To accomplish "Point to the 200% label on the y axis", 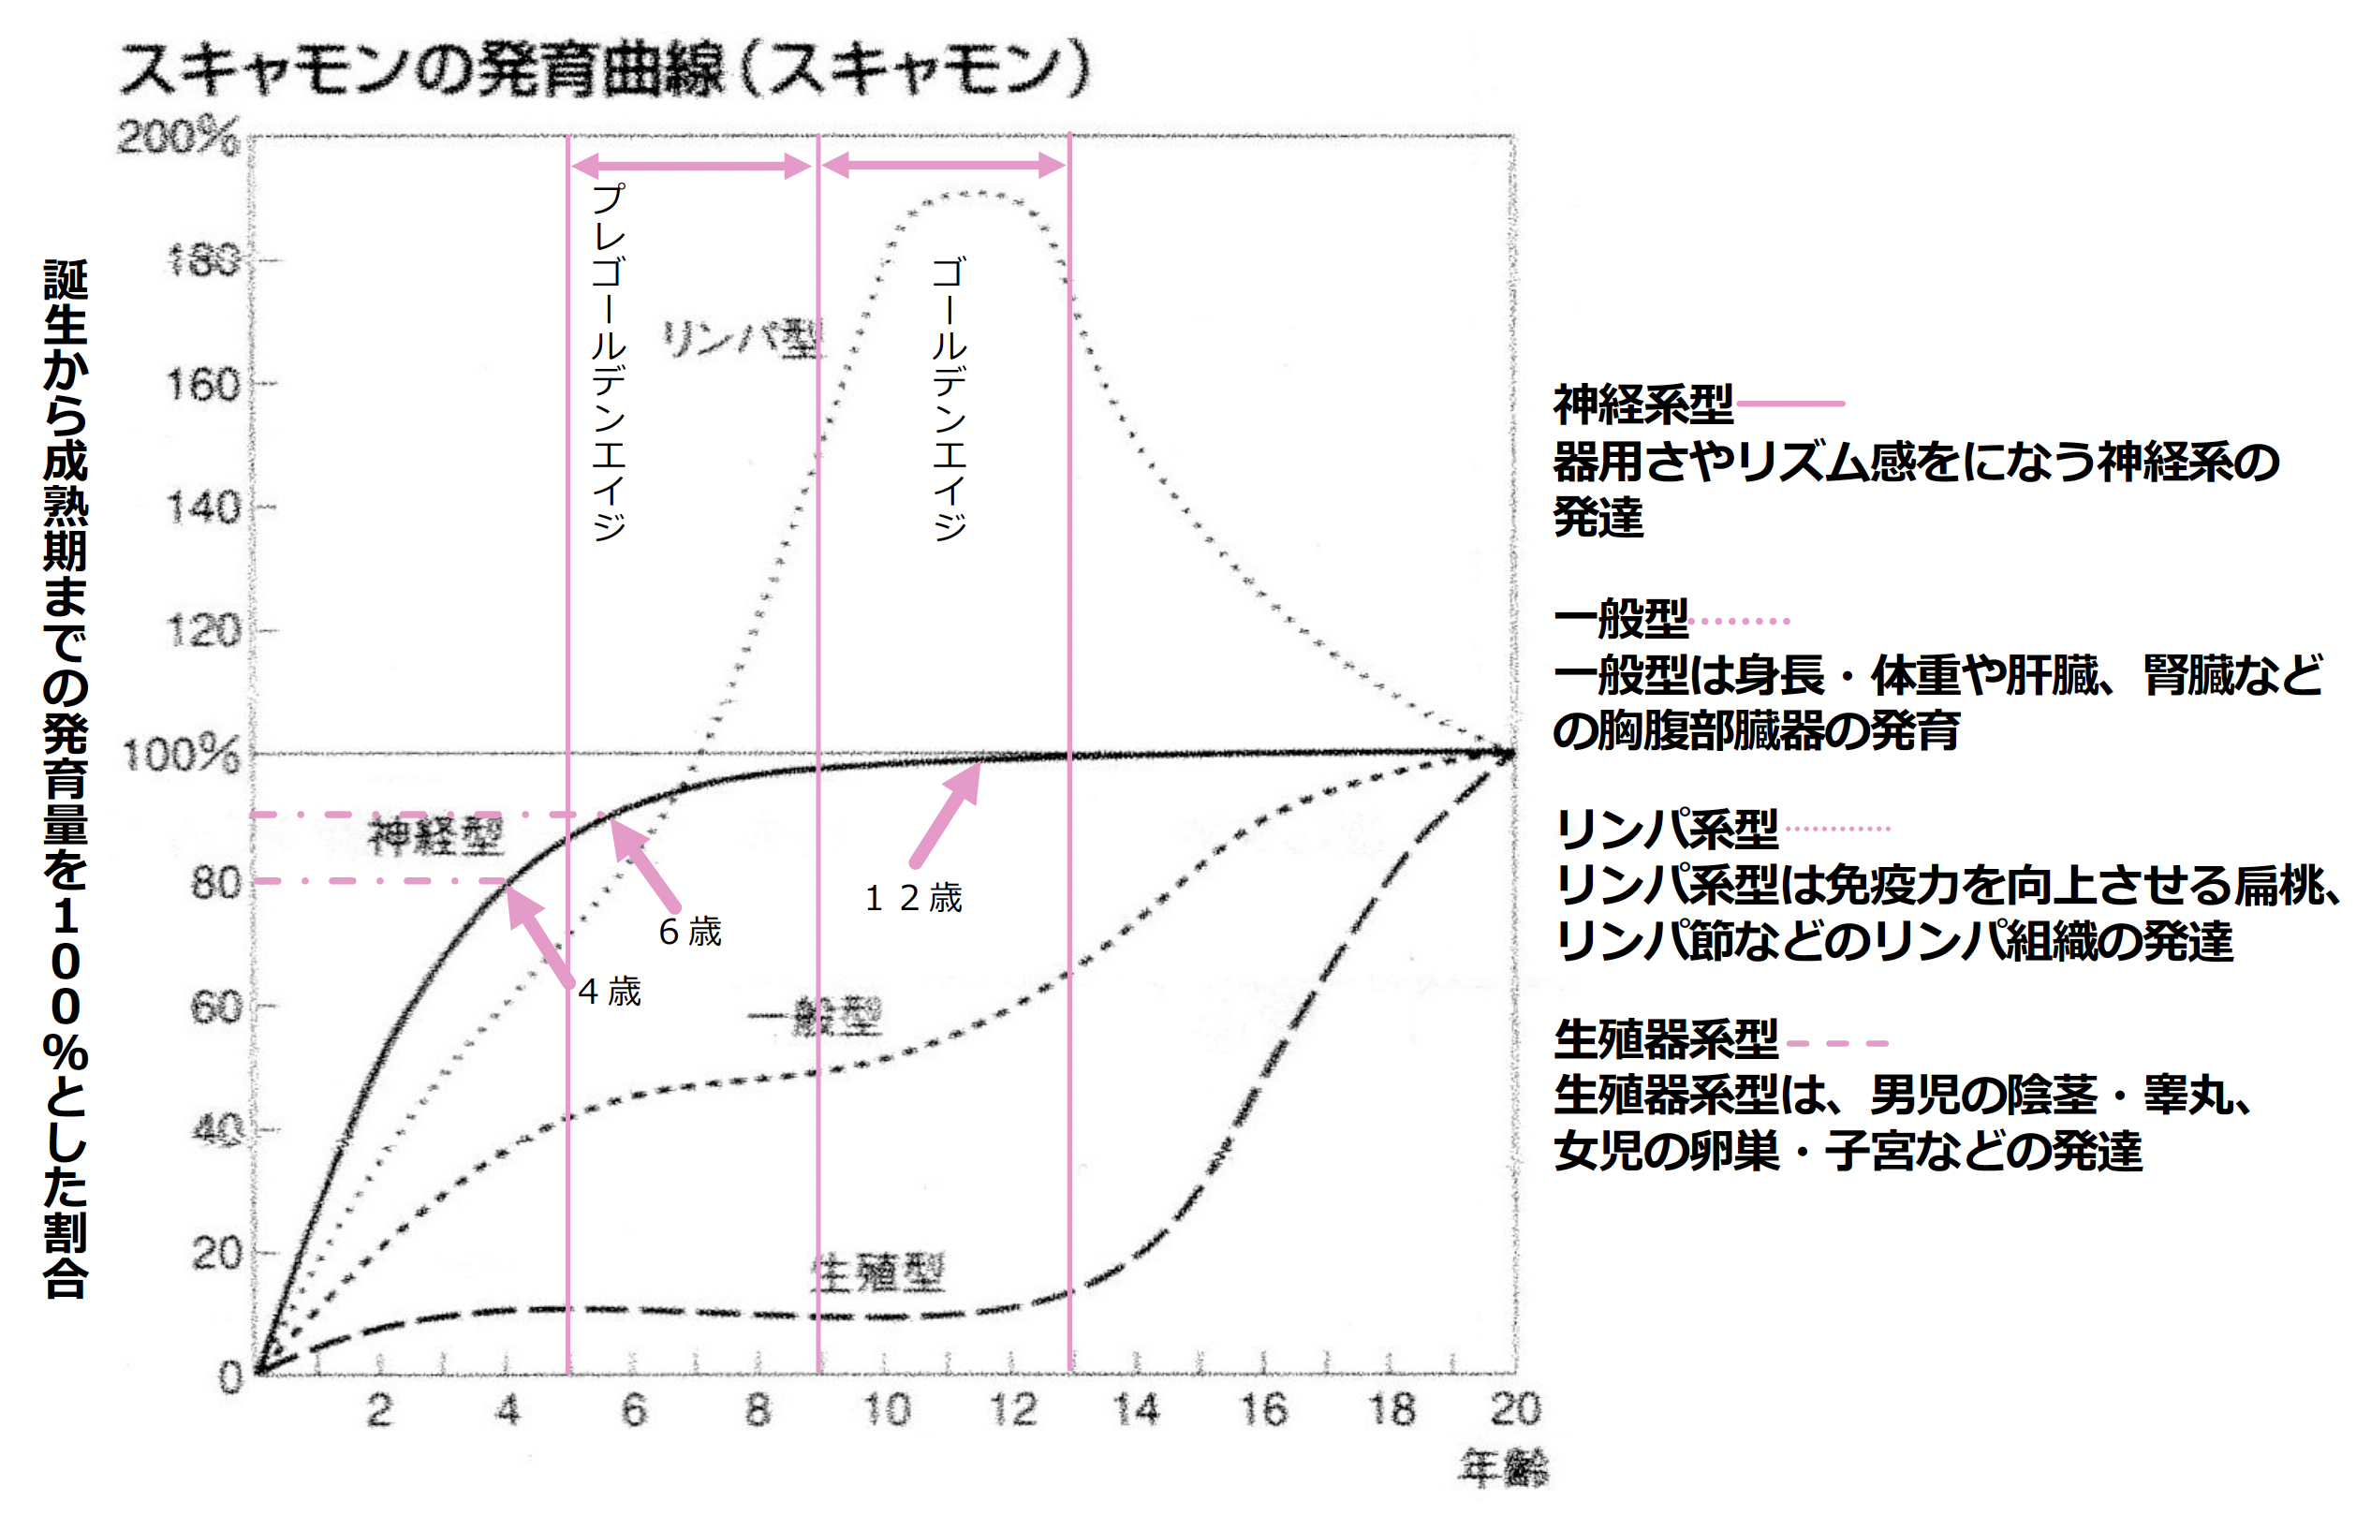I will tap(178, 136).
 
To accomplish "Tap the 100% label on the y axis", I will tap(181, 755).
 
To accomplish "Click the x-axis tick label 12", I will tap(1012, 1410).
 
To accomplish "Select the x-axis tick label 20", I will tap(1515, 1410).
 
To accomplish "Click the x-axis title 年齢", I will tap(1503, 1467).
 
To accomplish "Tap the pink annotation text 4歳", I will tap(609, 992).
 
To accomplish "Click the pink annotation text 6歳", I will tap(689, 932).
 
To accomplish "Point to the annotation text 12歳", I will tap(913, 898).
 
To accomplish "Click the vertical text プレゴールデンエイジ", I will tap(608, 362).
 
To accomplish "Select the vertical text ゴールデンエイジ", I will tap(950, 397).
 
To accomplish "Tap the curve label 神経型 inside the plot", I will tap(436, 835).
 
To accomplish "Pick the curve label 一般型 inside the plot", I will tap(815, 1018).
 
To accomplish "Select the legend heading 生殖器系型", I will tap(1666, 1040).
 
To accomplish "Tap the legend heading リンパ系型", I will tap(1666, 829).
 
